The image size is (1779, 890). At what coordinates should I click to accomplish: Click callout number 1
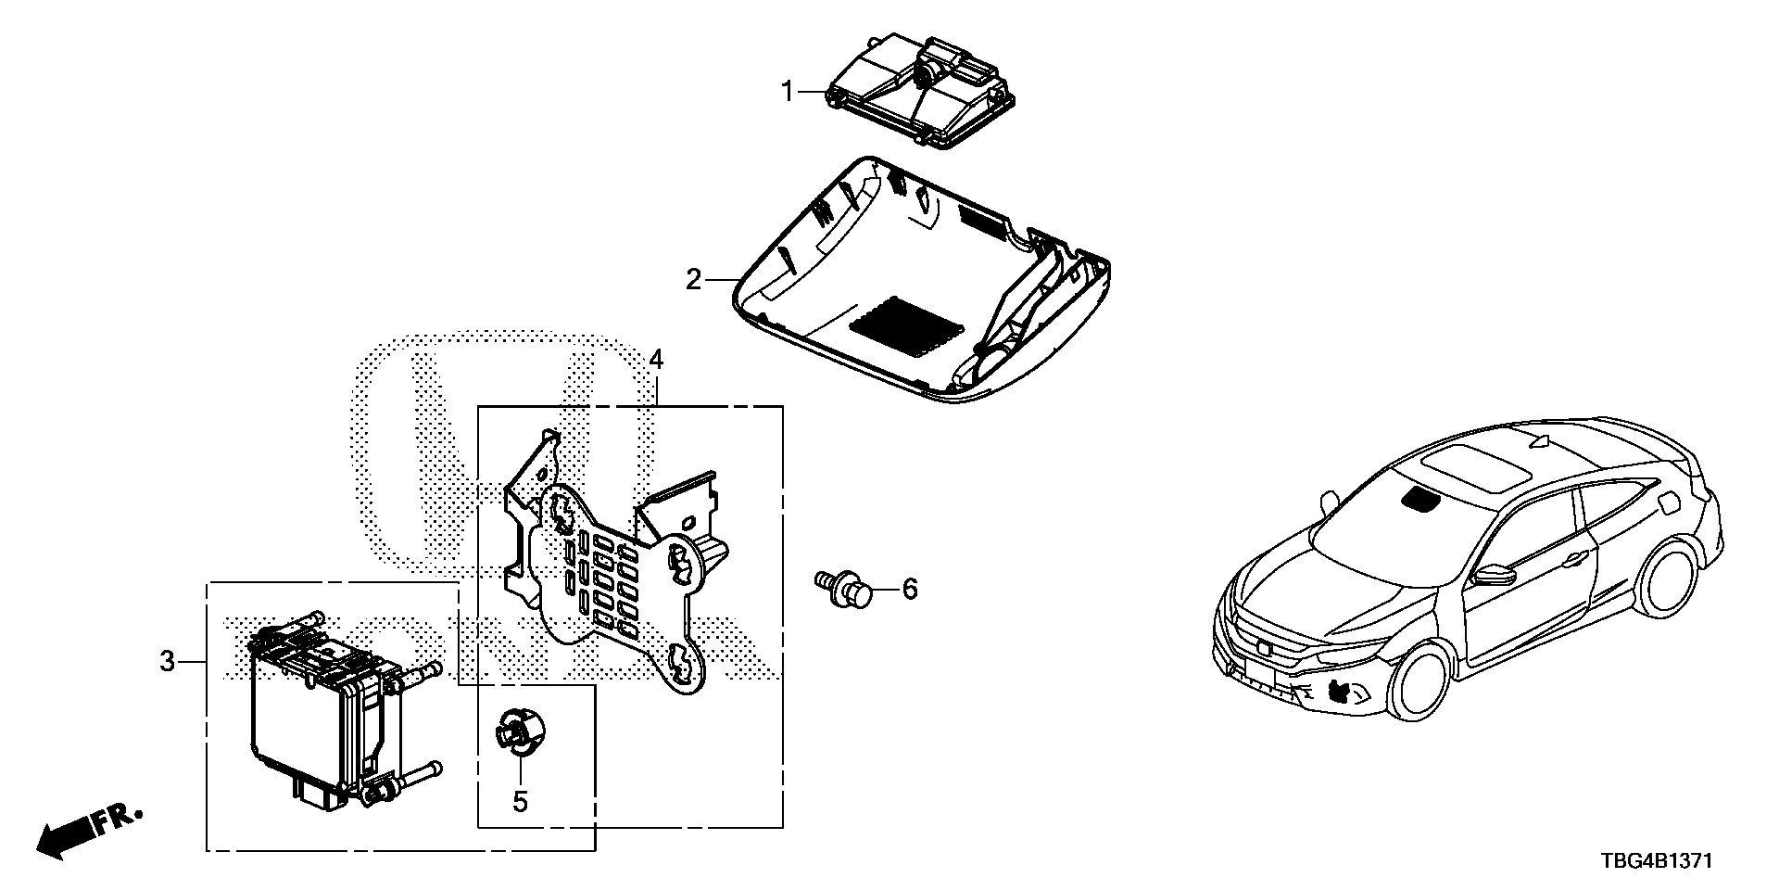(788, 92)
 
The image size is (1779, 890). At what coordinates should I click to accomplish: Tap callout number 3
(167, 662)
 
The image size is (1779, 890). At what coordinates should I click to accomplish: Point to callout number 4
(656, 359)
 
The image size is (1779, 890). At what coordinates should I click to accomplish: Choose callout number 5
(521, 801)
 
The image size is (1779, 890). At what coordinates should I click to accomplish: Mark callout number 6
(910, 588)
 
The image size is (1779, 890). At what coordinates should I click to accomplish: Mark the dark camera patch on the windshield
(1422, 500)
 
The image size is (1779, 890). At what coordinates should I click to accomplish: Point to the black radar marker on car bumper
(1339, 690)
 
